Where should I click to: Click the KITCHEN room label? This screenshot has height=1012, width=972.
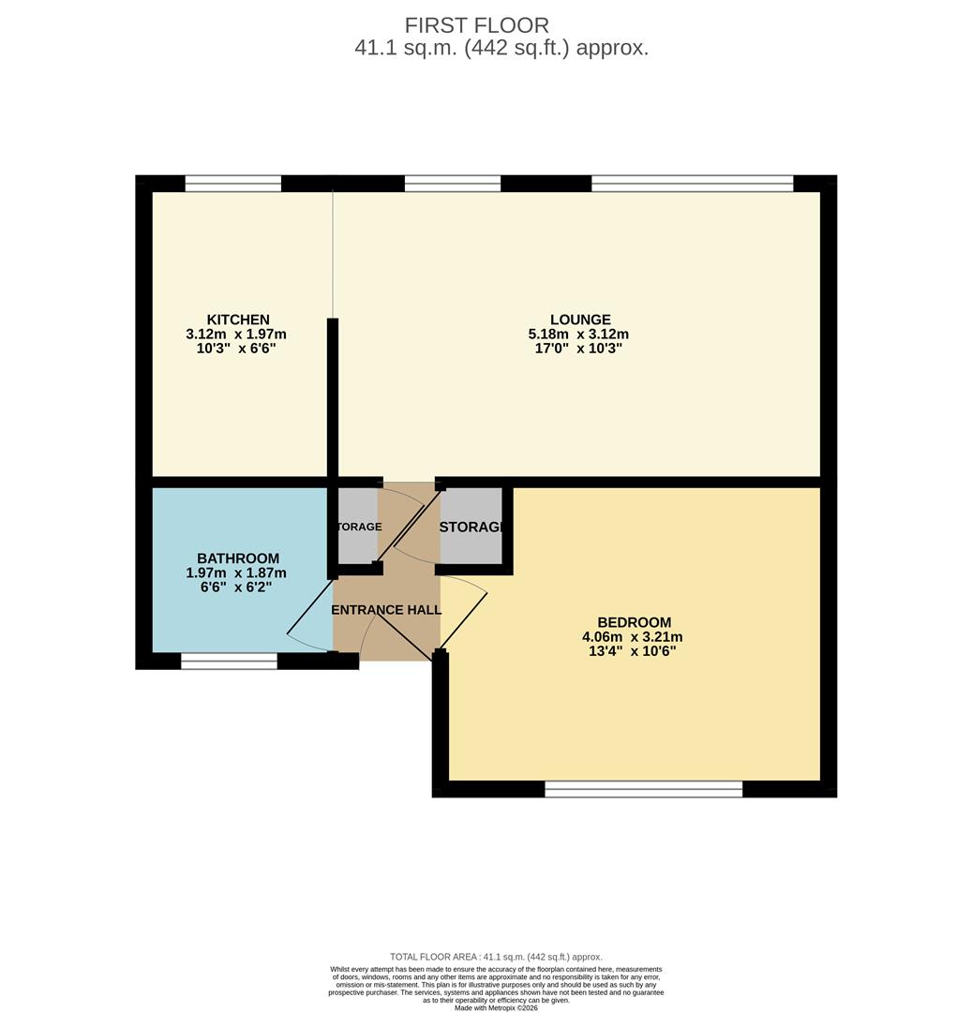click(238, 320)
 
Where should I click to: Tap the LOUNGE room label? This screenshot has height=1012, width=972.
click(581, 320)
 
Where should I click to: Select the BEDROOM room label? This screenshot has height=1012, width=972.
click(635, 623)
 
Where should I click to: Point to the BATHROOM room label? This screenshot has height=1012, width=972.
click(238, 559)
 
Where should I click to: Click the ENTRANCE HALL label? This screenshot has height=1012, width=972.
click(387, 610)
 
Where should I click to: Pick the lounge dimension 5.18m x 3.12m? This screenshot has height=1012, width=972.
click(578, 335)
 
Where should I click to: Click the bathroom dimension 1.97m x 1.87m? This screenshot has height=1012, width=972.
click(236, 573)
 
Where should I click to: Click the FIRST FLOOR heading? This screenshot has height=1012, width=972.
click(477, 25)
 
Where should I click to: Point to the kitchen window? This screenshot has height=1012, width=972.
click(233, 184)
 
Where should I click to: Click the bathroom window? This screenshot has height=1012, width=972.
click(230, 662)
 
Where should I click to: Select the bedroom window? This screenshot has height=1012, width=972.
click(644, 789)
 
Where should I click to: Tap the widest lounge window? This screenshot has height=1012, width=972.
click(693, 184)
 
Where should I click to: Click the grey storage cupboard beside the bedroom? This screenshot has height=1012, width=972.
click(471, 527)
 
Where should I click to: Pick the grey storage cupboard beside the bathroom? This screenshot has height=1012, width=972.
click(357, 527)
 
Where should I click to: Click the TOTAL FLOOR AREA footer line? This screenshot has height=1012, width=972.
click(496, 957)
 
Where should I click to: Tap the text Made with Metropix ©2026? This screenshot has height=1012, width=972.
click(496, 1007)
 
